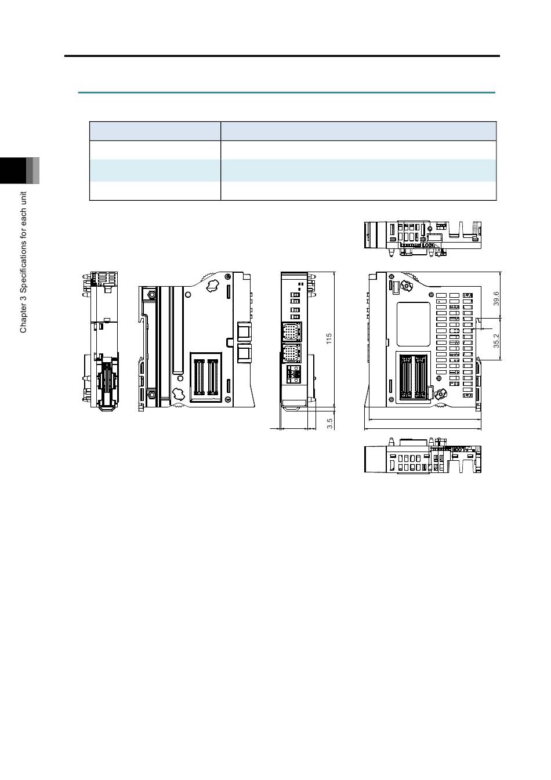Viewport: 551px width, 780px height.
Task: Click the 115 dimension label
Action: pyautogui.click(x=329, y=338)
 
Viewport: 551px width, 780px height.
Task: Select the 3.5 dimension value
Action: pyautogui.click(x=329, y=423)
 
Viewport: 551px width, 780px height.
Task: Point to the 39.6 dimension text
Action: pyautogui.click(x=496, y=298)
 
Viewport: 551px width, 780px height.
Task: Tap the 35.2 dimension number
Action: pyautogui.click(x=496, y=341)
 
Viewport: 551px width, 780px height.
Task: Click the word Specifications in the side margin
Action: pyautogui.click(x=23, y=268)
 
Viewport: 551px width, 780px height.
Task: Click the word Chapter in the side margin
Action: pyautogui.click(x=23, y=319)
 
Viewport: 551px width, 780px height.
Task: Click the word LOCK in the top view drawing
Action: pyautogui.click(x=428, y=245)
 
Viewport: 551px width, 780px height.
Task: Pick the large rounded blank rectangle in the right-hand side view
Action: pyautogui.click(x=414, y=324)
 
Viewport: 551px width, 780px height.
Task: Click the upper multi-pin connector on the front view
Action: pyautogui.click(x=291, y=332)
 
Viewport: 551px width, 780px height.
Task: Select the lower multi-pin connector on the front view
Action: pyautogui.click(x=291, y=354)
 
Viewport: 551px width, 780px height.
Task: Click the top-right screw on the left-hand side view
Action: pyautogui.click(x=227, y=277)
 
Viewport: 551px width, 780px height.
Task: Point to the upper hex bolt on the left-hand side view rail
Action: pyautogui.click(x=152, y=294)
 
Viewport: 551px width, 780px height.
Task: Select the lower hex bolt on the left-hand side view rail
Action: pyautogui.click(x=152, y=395)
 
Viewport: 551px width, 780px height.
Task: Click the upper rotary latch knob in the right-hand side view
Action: pyautogui.click(x=406, y=286)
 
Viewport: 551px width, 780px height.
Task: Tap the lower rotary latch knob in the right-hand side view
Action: pyautogui.click(x=440, y=395)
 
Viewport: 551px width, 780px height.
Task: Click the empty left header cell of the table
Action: pyautogui.click(x=155, y=131)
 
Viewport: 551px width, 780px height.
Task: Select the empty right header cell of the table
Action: pyautogui.click(x=358, y=131)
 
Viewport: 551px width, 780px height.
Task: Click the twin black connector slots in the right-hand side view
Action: pyautogui.click(x=413, y=377)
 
